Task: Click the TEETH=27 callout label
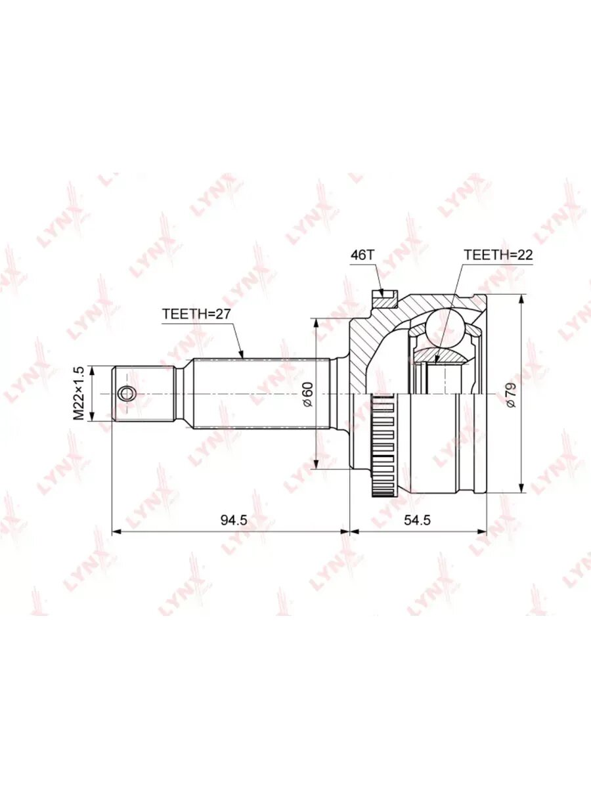(196, 314)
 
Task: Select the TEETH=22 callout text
(498, 255)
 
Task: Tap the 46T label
(362, 255)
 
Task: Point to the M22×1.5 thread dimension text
(78, 393)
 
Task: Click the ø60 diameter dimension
(309, 394)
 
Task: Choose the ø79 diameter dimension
(511, 395)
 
